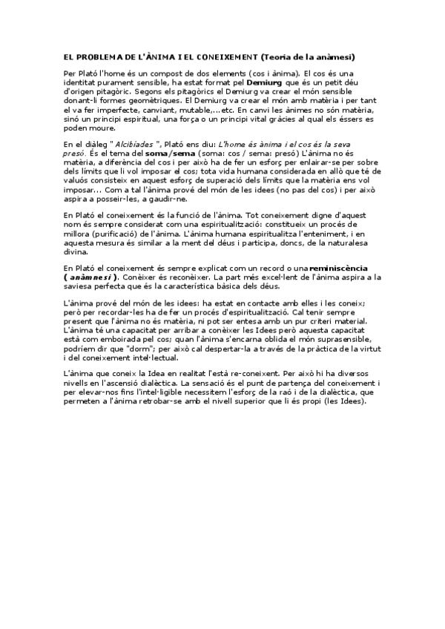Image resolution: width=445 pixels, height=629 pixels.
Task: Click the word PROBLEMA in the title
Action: pyautogui.click(x=102, y=56)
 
